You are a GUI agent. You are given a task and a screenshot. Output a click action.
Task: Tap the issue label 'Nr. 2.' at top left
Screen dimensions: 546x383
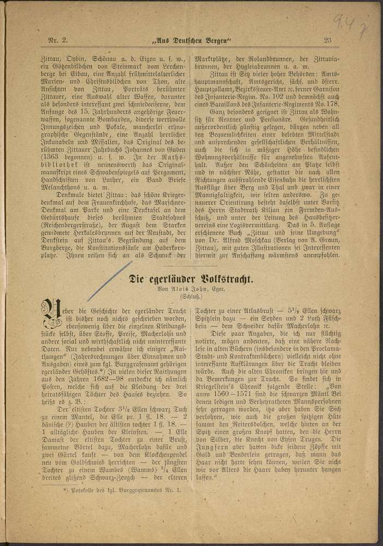pos(58,39)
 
